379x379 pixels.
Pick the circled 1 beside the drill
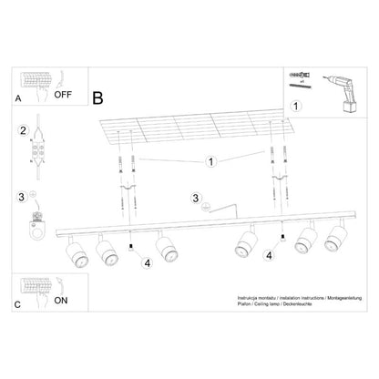(294, 106)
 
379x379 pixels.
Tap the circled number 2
(22, 131)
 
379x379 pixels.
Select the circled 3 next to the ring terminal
(20, 195)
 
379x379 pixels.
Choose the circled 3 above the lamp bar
(195, 198)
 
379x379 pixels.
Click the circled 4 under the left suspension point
(146, 264)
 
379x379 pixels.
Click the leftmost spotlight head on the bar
(77, 251)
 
